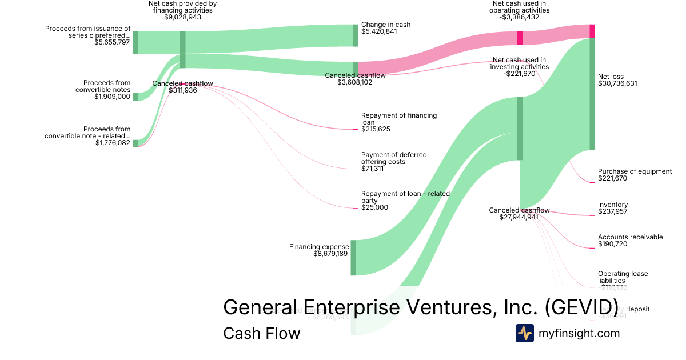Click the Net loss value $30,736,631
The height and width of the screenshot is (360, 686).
(x=617, y=83)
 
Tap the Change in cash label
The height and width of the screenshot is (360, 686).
(x=385, y=25)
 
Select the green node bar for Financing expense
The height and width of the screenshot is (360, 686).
(x=353, y=258)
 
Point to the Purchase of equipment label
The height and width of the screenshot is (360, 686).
(x=635, y=171)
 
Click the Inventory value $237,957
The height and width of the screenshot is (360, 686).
(x=612, y=211)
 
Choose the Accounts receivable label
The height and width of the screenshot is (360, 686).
(x=630, y=237)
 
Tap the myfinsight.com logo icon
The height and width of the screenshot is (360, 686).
(x=524, y=333)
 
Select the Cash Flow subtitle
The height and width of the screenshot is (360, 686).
(x=261, y=333)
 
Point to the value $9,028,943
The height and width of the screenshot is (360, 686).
(x=182, y=17)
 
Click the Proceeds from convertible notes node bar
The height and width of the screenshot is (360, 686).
(x=135, y=97)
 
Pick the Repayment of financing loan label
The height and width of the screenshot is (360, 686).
(x=398, y=119)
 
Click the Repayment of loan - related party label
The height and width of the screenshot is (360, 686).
(x=405, y=197)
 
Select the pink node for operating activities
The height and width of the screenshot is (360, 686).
(x=520, y=38)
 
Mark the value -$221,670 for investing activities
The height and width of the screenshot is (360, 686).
(x=519, y=74)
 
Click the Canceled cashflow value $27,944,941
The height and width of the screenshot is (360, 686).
(x=519, y=217)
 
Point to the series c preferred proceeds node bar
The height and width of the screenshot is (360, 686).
(x=135, y=43)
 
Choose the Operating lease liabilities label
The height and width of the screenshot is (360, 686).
(x=623, y=277)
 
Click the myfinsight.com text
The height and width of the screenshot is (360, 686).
(x=579, y=333)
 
